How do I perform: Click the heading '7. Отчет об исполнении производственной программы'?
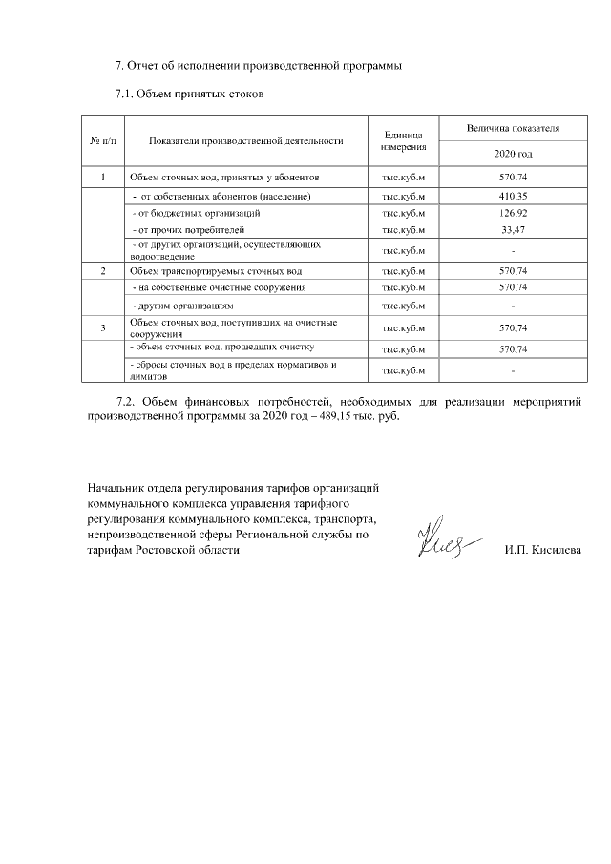coord(258,66)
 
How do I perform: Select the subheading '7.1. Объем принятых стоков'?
coord(189,95)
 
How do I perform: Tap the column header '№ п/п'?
coord(101,140)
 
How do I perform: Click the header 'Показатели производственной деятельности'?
coord(246,140)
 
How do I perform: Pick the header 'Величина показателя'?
coord(513,127)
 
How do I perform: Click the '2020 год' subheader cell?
coord(513,154)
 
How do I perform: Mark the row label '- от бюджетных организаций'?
coord(196,213)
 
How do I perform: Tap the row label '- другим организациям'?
coord(182,306)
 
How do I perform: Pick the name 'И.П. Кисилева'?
coord(542,551)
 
